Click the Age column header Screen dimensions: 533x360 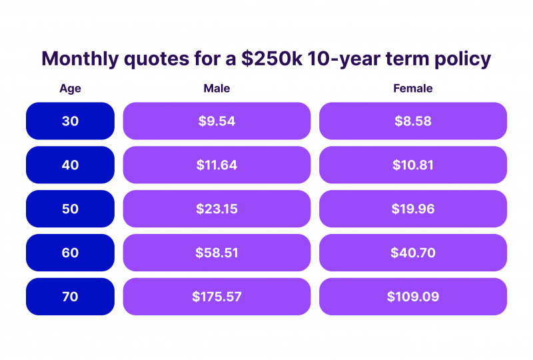(71, 89)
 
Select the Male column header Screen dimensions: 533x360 (217, 89)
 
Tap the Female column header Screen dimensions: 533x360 (412, 89)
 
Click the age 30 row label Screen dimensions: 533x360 (71, 121)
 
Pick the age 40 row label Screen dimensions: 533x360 (71, 165)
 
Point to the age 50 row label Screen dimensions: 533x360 (71, 209)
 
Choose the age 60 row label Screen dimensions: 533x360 (71, 253)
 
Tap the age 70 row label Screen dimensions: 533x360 (71, 297)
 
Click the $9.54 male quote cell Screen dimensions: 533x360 (217, 121)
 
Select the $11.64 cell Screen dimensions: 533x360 (217, 165)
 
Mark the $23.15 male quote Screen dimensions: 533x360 (217, 209)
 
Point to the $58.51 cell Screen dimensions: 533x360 (217, 253)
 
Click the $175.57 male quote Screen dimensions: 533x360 (217, 297)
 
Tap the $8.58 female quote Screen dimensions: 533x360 (413, 121)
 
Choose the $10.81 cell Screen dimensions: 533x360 (413, 165)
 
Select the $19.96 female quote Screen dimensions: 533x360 (413, 209)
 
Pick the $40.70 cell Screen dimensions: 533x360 (413, 253)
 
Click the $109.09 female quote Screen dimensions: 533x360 (413, 297)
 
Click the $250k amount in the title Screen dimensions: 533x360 (272, 59)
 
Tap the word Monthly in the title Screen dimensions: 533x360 (80, 59)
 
